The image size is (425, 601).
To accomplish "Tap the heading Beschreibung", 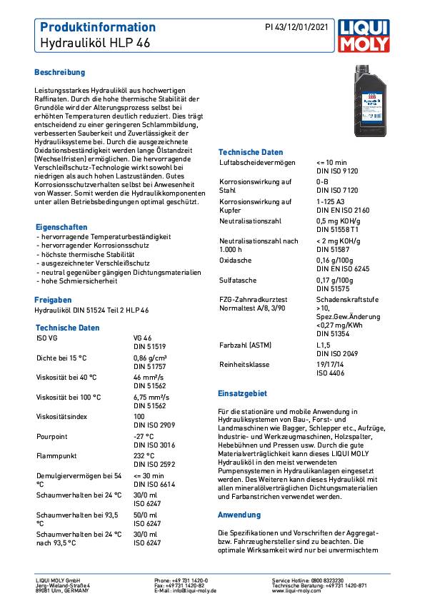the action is coord(60,73).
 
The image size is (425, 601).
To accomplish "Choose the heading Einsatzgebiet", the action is coord(242,393).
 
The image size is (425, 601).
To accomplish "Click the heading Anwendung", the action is coord(239,515).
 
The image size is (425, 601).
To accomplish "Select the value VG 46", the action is coord(143,338).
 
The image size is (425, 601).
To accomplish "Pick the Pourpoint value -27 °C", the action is coord(144,436).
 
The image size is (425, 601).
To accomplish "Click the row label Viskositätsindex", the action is coord(63,416).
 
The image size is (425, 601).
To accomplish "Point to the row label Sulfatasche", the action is coord(237,281).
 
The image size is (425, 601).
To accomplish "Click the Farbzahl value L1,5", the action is coord(324,345).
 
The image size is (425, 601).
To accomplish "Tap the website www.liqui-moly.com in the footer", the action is coord(296,591).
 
